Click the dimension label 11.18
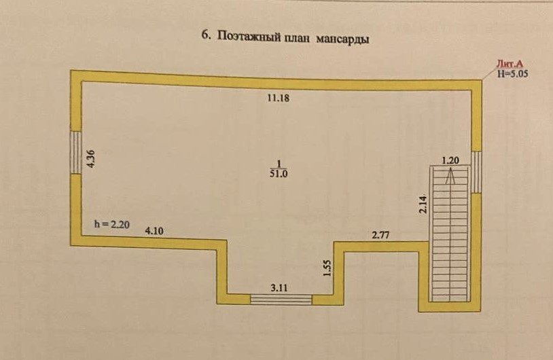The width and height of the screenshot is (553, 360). pos(279,98)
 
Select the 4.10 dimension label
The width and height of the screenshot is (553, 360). pos(154,230)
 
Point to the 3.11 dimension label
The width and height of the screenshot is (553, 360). pos(279,287)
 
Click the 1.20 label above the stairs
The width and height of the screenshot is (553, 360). pos(451,160)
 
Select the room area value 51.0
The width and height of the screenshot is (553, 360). pos(279,174)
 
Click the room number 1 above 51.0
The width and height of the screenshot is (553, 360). pos(279,163)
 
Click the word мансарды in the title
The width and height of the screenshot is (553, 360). pos(342,39)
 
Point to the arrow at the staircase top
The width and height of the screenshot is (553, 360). pos(450,176)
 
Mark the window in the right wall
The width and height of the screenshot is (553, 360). pos(477,172)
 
